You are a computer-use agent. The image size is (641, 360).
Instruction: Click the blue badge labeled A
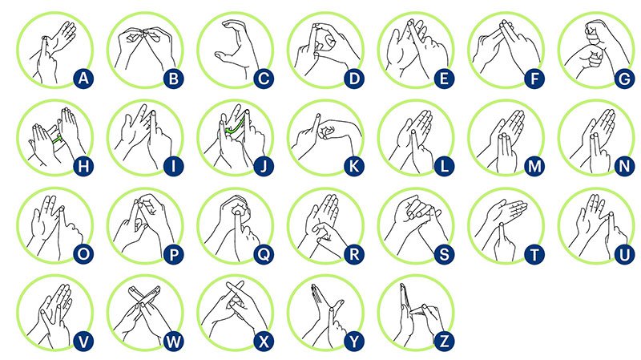click(x=83, y=78)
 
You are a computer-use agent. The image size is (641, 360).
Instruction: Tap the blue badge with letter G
click(x=624, y=78)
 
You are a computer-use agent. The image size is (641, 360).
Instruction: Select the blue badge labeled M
click(x=534, y=166)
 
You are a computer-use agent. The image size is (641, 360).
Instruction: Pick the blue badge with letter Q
click(x=264, y=254)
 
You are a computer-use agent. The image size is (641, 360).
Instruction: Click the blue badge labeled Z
click(x=444, y=342)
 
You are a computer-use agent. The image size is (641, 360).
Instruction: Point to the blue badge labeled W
click(x=173, y=342)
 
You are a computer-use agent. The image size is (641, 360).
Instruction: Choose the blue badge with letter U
click(x=624, y=254)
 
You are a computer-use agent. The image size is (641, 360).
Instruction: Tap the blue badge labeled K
click(x=353, y=166)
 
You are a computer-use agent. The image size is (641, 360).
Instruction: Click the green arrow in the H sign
click(x=58, y=140)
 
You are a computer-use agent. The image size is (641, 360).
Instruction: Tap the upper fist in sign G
click(x=598, y=33)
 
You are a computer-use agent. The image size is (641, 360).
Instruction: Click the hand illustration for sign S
click(x=415, y=225)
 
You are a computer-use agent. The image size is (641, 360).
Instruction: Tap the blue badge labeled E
click(x=444, y=78)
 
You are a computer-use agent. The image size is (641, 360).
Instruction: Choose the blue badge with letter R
click(x=353, y=254)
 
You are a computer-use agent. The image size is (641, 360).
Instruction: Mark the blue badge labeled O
click(x=83, y=254)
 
